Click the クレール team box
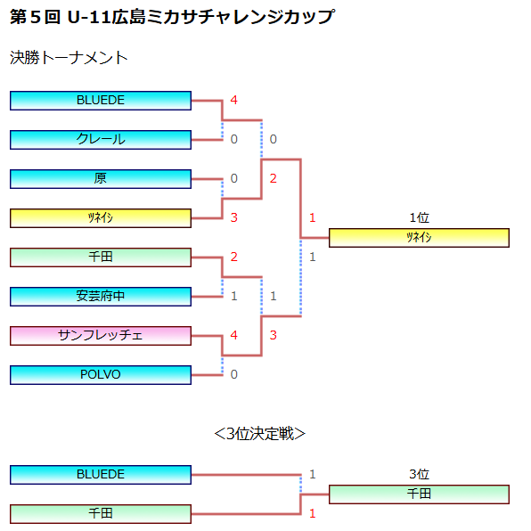point(101,140)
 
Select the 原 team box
point(101,179)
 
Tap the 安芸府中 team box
point(101,297)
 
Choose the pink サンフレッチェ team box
point(101,336)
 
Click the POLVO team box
point(101,375)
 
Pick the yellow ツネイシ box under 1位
point(419,238)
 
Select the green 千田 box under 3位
point(419,494)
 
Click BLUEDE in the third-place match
point(101,475)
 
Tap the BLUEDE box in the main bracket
point(101,101)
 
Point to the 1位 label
point(420,217)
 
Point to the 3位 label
point(420,474)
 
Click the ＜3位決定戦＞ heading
point(260,434)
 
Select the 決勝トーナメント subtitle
point(69,58)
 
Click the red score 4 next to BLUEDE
point(234,100)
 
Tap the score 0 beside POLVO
point(234,374)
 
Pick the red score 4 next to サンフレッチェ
point(234,335)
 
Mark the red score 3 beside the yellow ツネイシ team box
point(234,217)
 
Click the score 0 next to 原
point(234,178)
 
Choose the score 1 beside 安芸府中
point(234,296)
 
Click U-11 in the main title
point(89,17)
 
